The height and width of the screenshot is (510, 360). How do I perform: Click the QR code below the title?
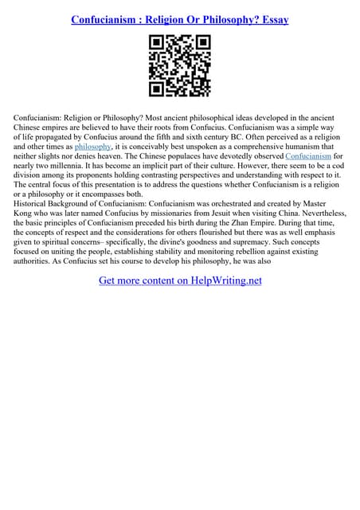179,66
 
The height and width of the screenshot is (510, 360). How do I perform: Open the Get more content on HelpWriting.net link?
179,280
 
